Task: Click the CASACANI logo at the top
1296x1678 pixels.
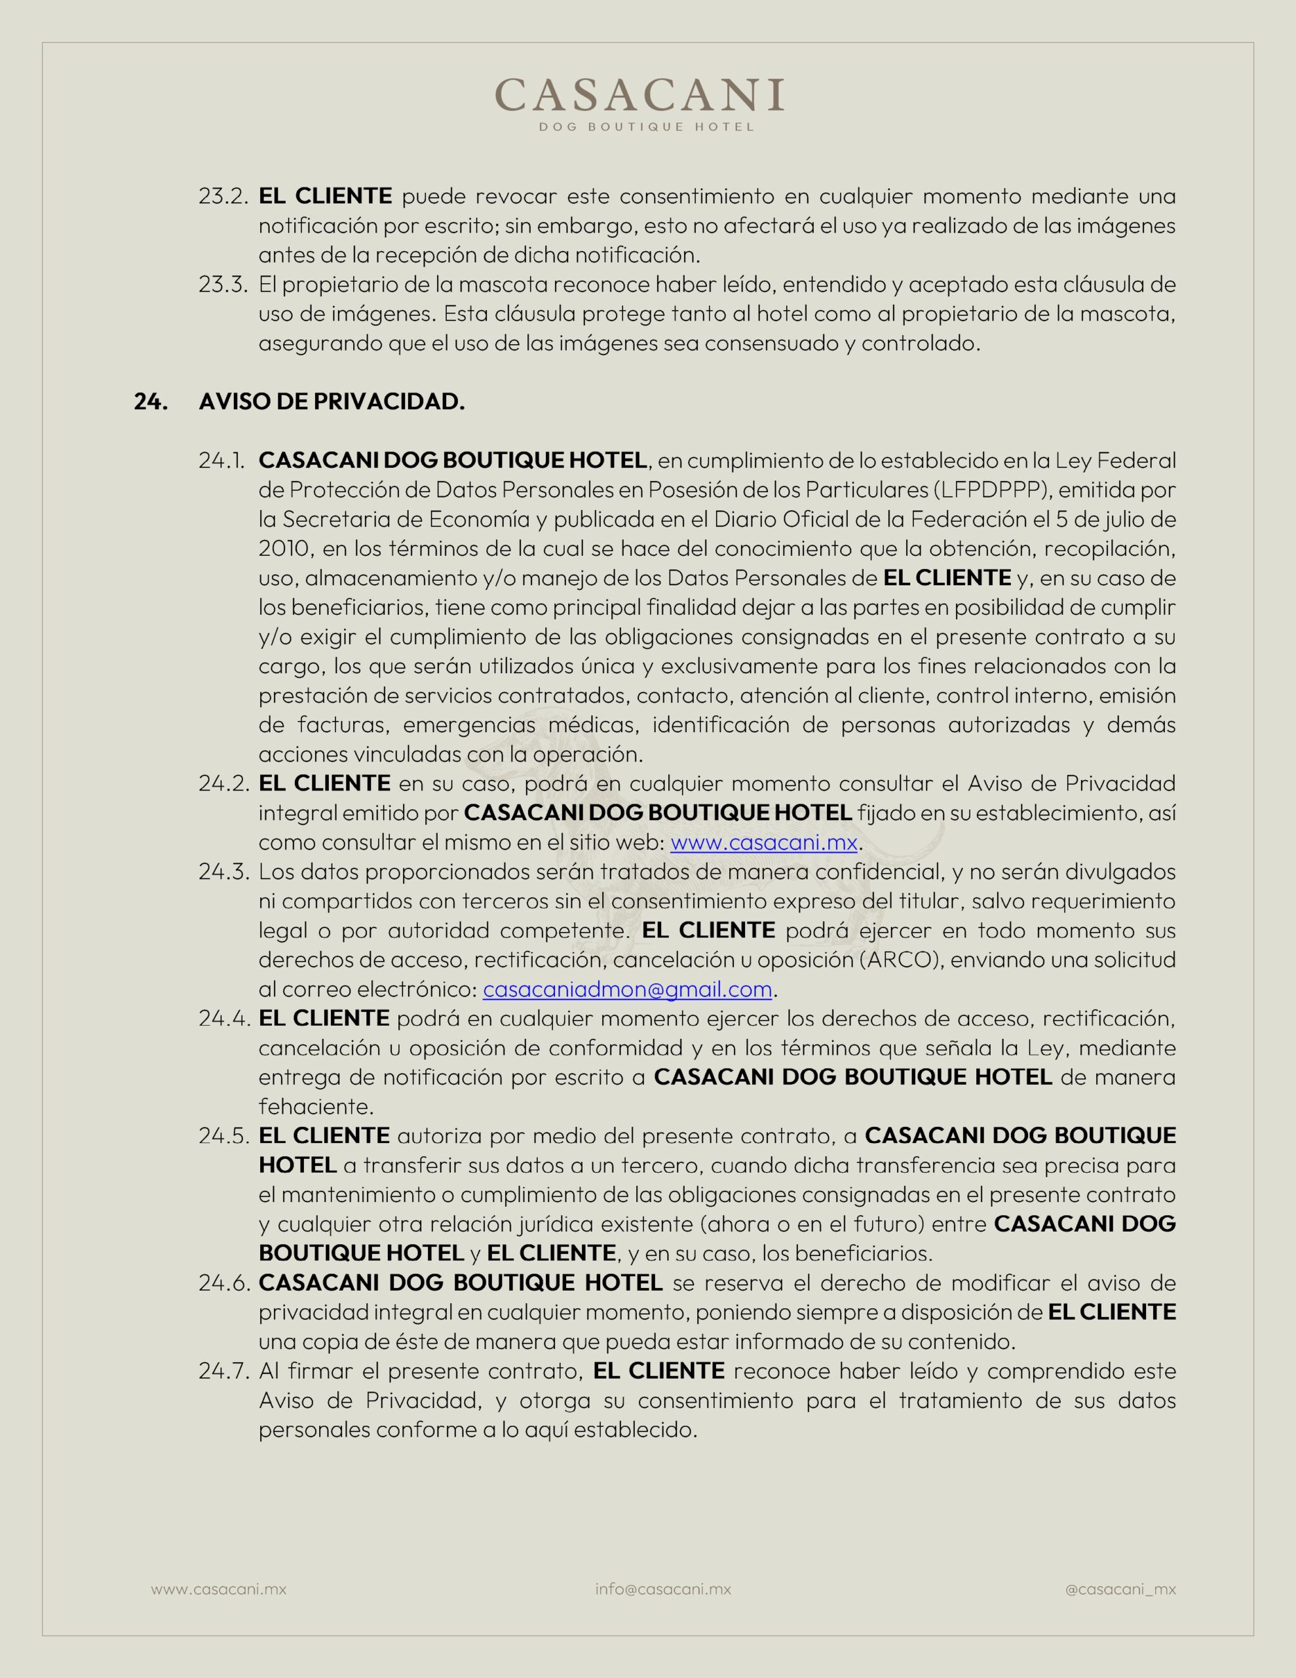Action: click(x=639, y=95)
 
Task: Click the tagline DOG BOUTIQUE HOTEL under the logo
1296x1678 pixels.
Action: click(x=646, y=127)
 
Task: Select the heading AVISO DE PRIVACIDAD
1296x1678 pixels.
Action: click(x=332, y=401)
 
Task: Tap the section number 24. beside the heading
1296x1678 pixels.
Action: click(x=151, y=401)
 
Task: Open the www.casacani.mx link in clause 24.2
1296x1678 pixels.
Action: click(x=763, y=842)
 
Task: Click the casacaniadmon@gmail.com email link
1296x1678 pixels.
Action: click(x=627, y=989)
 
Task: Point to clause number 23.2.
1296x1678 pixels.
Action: click(x=223, y=196)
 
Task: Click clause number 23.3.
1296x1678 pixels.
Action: click(x=223, y=284)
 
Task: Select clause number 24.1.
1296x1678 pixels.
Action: click(x=221, y=460)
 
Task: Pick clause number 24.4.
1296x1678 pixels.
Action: click(x=223, y=1018)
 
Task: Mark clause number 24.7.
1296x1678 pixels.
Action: click(x=223, y=1371)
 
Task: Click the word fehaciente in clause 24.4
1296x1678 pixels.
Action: click(x=316, y=1106)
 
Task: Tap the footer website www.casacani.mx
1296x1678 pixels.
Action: click(x=218, y=1589)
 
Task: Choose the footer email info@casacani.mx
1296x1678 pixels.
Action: click(x=663, y=1589)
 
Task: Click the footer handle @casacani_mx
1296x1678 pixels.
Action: click(x=1120, y=1589)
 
